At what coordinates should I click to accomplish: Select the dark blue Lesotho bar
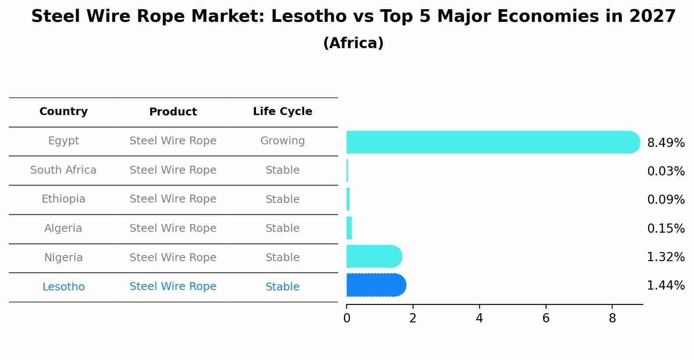[x=375, y=285]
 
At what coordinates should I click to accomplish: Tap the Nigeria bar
[x=374, y=256]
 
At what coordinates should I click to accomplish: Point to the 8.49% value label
[x=666, y=143]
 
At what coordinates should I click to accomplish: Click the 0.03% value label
[x=666, y=171]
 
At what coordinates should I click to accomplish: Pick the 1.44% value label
[x=666, y=286]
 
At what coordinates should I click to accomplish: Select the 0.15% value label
[x=666, y=228]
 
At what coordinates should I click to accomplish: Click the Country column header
[x=63, y=112]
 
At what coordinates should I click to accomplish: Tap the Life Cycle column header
[x=282, y=112]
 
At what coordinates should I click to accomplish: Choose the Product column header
[x=173, y=112]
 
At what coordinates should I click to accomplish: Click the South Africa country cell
[x=63, y=170]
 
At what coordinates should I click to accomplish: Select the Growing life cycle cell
[x=282, y=141]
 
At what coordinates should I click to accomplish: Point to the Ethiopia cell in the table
[x=63, y=199]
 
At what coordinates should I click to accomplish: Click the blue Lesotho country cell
[x=63, y=287]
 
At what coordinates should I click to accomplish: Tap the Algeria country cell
[x=63, y=228]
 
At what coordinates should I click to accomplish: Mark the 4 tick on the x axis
[x=479, y=318]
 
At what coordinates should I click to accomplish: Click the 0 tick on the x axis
[x=347, y=318]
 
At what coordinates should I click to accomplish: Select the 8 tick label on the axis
[x=612, y=318]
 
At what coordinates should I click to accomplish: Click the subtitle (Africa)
[x=353, y=43]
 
